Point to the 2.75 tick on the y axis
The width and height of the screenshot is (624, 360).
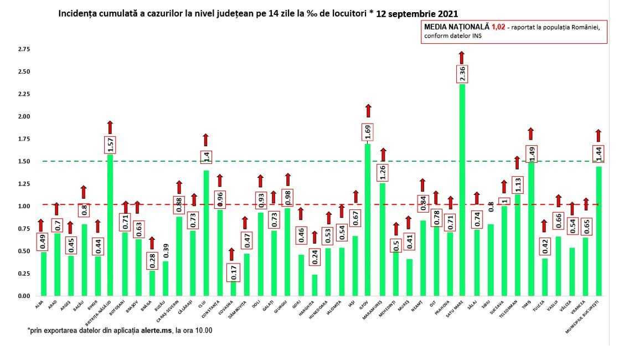coord(24,49)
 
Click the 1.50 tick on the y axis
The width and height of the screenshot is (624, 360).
coord(24,161)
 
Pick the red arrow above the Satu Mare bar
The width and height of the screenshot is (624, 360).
coord(462,57)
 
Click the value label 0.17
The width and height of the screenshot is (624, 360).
coord(233,271)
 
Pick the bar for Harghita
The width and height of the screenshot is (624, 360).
coord(314,285)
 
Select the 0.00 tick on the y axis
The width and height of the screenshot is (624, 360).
coord(24,296)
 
